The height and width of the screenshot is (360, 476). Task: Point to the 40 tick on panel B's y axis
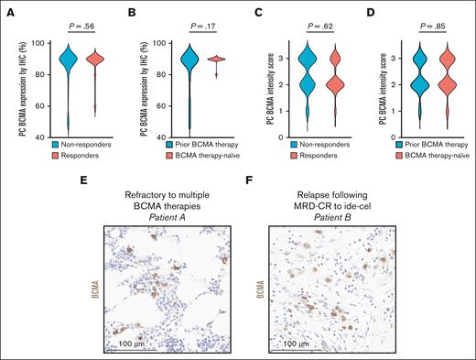click(x=150, y=137)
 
